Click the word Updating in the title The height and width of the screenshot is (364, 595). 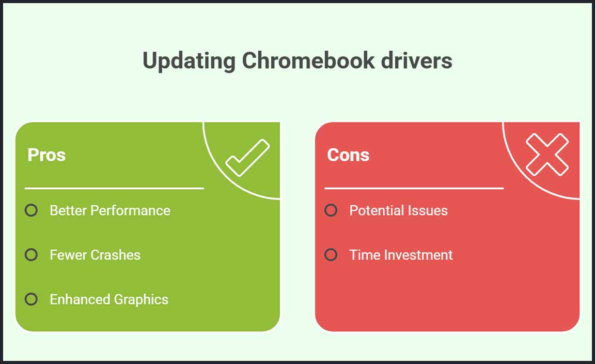pos(189,61)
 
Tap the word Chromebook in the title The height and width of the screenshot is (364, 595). pos(308,60)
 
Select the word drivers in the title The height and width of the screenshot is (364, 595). pos(417,60)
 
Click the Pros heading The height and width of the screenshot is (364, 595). pos(46,155)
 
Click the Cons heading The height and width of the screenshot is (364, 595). pos(348,155)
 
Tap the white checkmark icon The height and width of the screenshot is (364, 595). pos(247,158)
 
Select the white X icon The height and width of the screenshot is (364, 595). pos(547,154)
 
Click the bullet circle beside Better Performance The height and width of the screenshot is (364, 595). pos(31,210)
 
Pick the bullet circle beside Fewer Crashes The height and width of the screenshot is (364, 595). pos(31,254)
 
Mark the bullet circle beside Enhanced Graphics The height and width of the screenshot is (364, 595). pos(31,299)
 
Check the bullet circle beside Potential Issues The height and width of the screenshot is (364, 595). pos(331,210)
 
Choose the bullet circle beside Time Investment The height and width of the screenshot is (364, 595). pos(331,254)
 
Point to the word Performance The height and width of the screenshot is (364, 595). pos(131,210)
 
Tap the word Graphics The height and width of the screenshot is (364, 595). pos(141,300)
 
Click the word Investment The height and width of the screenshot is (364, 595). pos(418,255)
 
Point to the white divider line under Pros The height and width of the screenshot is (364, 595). pos(114,188)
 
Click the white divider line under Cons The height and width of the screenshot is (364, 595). pos(414,188)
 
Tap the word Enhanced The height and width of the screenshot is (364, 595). pos(80,299)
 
